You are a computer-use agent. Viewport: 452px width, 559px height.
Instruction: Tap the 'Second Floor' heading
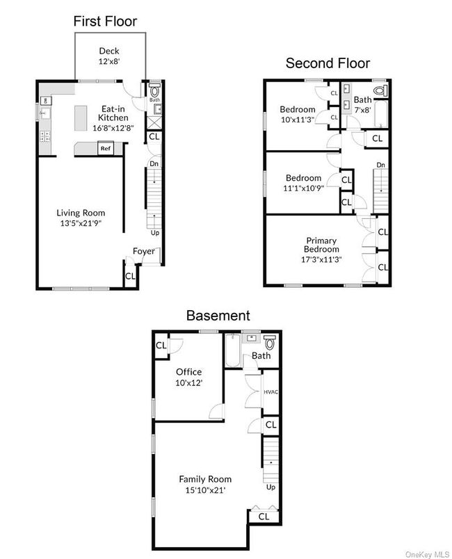(x=328, y=63)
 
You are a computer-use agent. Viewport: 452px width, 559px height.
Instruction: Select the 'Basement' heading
(x=218, y=315)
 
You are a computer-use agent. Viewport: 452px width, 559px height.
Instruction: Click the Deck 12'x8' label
(x=110, y=56)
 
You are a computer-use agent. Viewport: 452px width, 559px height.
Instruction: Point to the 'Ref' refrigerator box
(x=106, y=148)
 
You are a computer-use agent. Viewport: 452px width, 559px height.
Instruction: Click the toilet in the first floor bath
(x=154, y=90)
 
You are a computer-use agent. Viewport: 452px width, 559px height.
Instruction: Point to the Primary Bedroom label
(x=322, y=250)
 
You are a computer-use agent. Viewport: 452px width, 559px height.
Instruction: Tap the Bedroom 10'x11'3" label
(x=298, y=114)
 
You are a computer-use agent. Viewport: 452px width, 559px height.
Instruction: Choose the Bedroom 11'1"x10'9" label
(x=302, y=183)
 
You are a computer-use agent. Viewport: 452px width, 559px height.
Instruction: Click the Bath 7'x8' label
(x=362, y=104)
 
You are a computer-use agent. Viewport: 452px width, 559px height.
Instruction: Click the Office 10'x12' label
(x=188, y=377)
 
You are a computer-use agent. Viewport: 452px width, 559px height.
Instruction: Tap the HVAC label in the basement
(x=271, y=392)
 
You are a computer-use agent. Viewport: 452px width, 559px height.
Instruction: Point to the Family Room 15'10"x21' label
(x=205, y=484)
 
